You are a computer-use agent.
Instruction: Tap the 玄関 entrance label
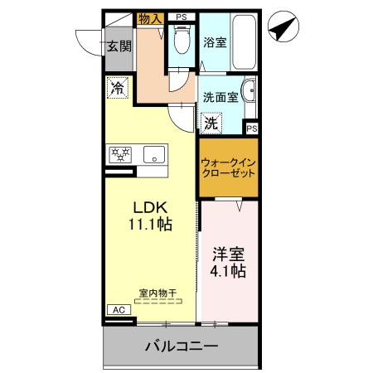click(119, 46)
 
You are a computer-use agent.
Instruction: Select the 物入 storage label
click(150, 17)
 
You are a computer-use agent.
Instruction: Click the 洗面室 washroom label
click(220, 96)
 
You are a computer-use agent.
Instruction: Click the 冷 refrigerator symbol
click(118, 87)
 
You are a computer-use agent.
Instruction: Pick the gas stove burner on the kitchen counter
click(121, 154)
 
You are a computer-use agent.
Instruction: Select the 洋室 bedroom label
click(226, 253)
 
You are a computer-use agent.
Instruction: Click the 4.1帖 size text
click(226, 270)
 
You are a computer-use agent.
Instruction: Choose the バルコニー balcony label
click(182, 345)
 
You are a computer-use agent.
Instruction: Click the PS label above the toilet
click(182, 17)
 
